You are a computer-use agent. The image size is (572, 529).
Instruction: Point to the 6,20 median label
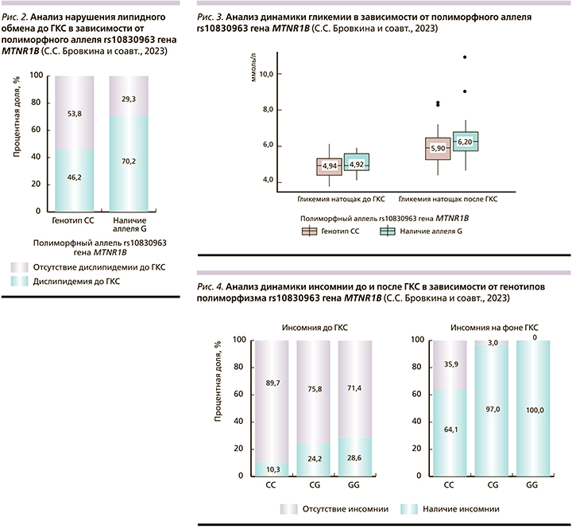coord(465,142)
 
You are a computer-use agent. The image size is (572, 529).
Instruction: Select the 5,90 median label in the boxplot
coord(438,148)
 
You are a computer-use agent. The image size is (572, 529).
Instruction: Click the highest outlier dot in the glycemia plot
coord(465,57)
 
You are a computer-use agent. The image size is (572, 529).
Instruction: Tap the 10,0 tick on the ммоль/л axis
coord(265,73)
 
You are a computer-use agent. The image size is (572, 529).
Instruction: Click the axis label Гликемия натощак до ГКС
coord(341,200)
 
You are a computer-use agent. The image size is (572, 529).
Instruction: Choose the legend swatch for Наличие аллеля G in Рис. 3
coord(388,231)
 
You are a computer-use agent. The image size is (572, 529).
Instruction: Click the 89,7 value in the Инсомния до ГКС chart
coord(272,384)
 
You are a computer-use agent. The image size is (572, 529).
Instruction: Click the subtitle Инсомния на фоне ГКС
coord(488,326)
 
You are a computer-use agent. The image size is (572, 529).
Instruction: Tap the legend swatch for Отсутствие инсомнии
coord(288,508)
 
